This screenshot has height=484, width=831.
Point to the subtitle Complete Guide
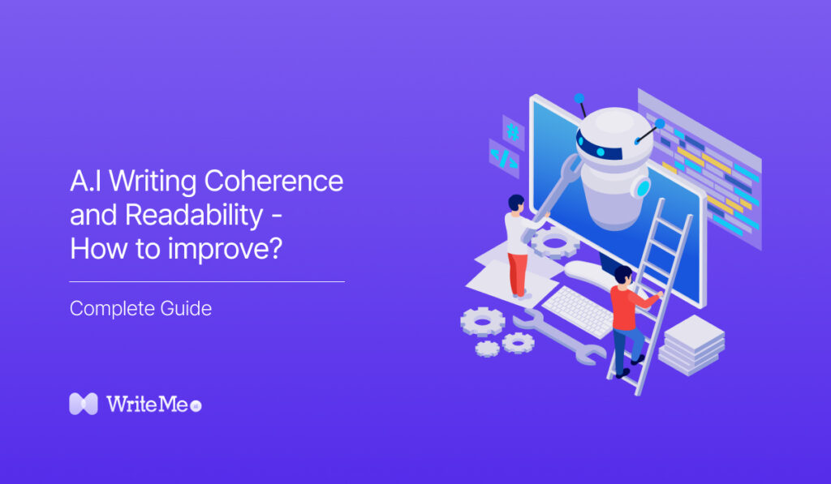[140, 309]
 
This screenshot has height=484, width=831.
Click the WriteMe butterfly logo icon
[83, 404]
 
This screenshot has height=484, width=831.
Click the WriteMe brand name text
[146, 404]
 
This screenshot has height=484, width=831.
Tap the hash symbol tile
[513, 131]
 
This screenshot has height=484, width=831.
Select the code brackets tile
[503, 158]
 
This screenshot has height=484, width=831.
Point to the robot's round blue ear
[642, 188]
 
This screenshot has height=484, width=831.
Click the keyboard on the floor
[578, 310]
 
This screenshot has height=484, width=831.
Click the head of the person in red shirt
[622, 276]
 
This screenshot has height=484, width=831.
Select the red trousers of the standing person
[517, 272]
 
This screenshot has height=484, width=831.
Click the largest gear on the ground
[482, 322]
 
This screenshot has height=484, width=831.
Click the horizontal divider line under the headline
[207, 282]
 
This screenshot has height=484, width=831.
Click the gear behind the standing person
[556, 241]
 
